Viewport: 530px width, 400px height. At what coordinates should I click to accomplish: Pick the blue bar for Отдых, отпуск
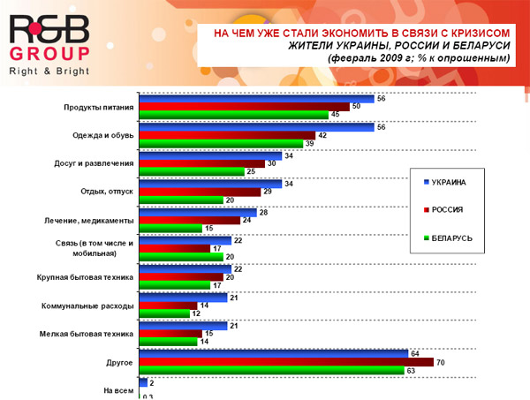click(x=212, y=184)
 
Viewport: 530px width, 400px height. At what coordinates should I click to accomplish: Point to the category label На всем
click(x=119, y=389)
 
